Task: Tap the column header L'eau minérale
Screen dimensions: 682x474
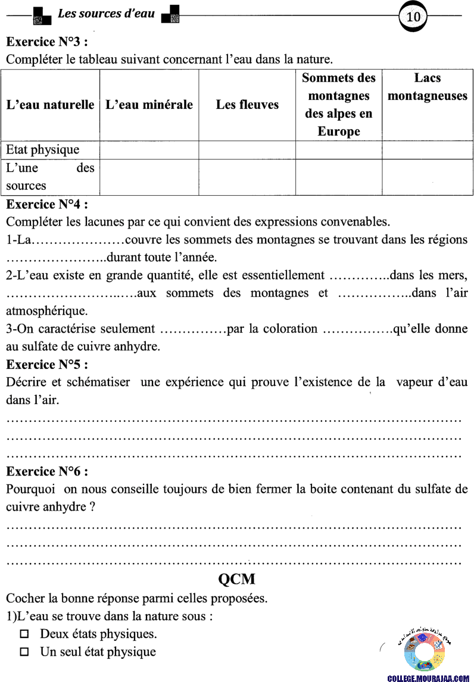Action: click(149, 105)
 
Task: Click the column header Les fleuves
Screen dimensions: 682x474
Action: click(247, 105)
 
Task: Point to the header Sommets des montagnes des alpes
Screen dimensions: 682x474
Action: click(339, 105)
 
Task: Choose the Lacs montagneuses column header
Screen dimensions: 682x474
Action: click(428, 87)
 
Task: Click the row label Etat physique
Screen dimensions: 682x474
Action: click(42, 150)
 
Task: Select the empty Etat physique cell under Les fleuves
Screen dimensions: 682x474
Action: click(247, 150)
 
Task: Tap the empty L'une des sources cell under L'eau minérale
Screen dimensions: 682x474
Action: click(149, 177)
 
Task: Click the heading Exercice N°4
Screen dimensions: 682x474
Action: click(48, 205)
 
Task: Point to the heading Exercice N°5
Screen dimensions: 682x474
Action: click(48, 364)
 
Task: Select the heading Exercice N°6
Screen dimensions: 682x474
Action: click(48, 471)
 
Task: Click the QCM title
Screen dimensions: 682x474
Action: click(237, 579)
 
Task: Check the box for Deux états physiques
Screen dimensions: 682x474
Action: click(24, 634)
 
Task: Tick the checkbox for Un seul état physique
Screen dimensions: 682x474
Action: click(24, 652)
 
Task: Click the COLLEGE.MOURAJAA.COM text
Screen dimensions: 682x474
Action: click(429, 678)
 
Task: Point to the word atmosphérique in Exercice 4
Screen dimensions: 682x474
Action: click(46, 311)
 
